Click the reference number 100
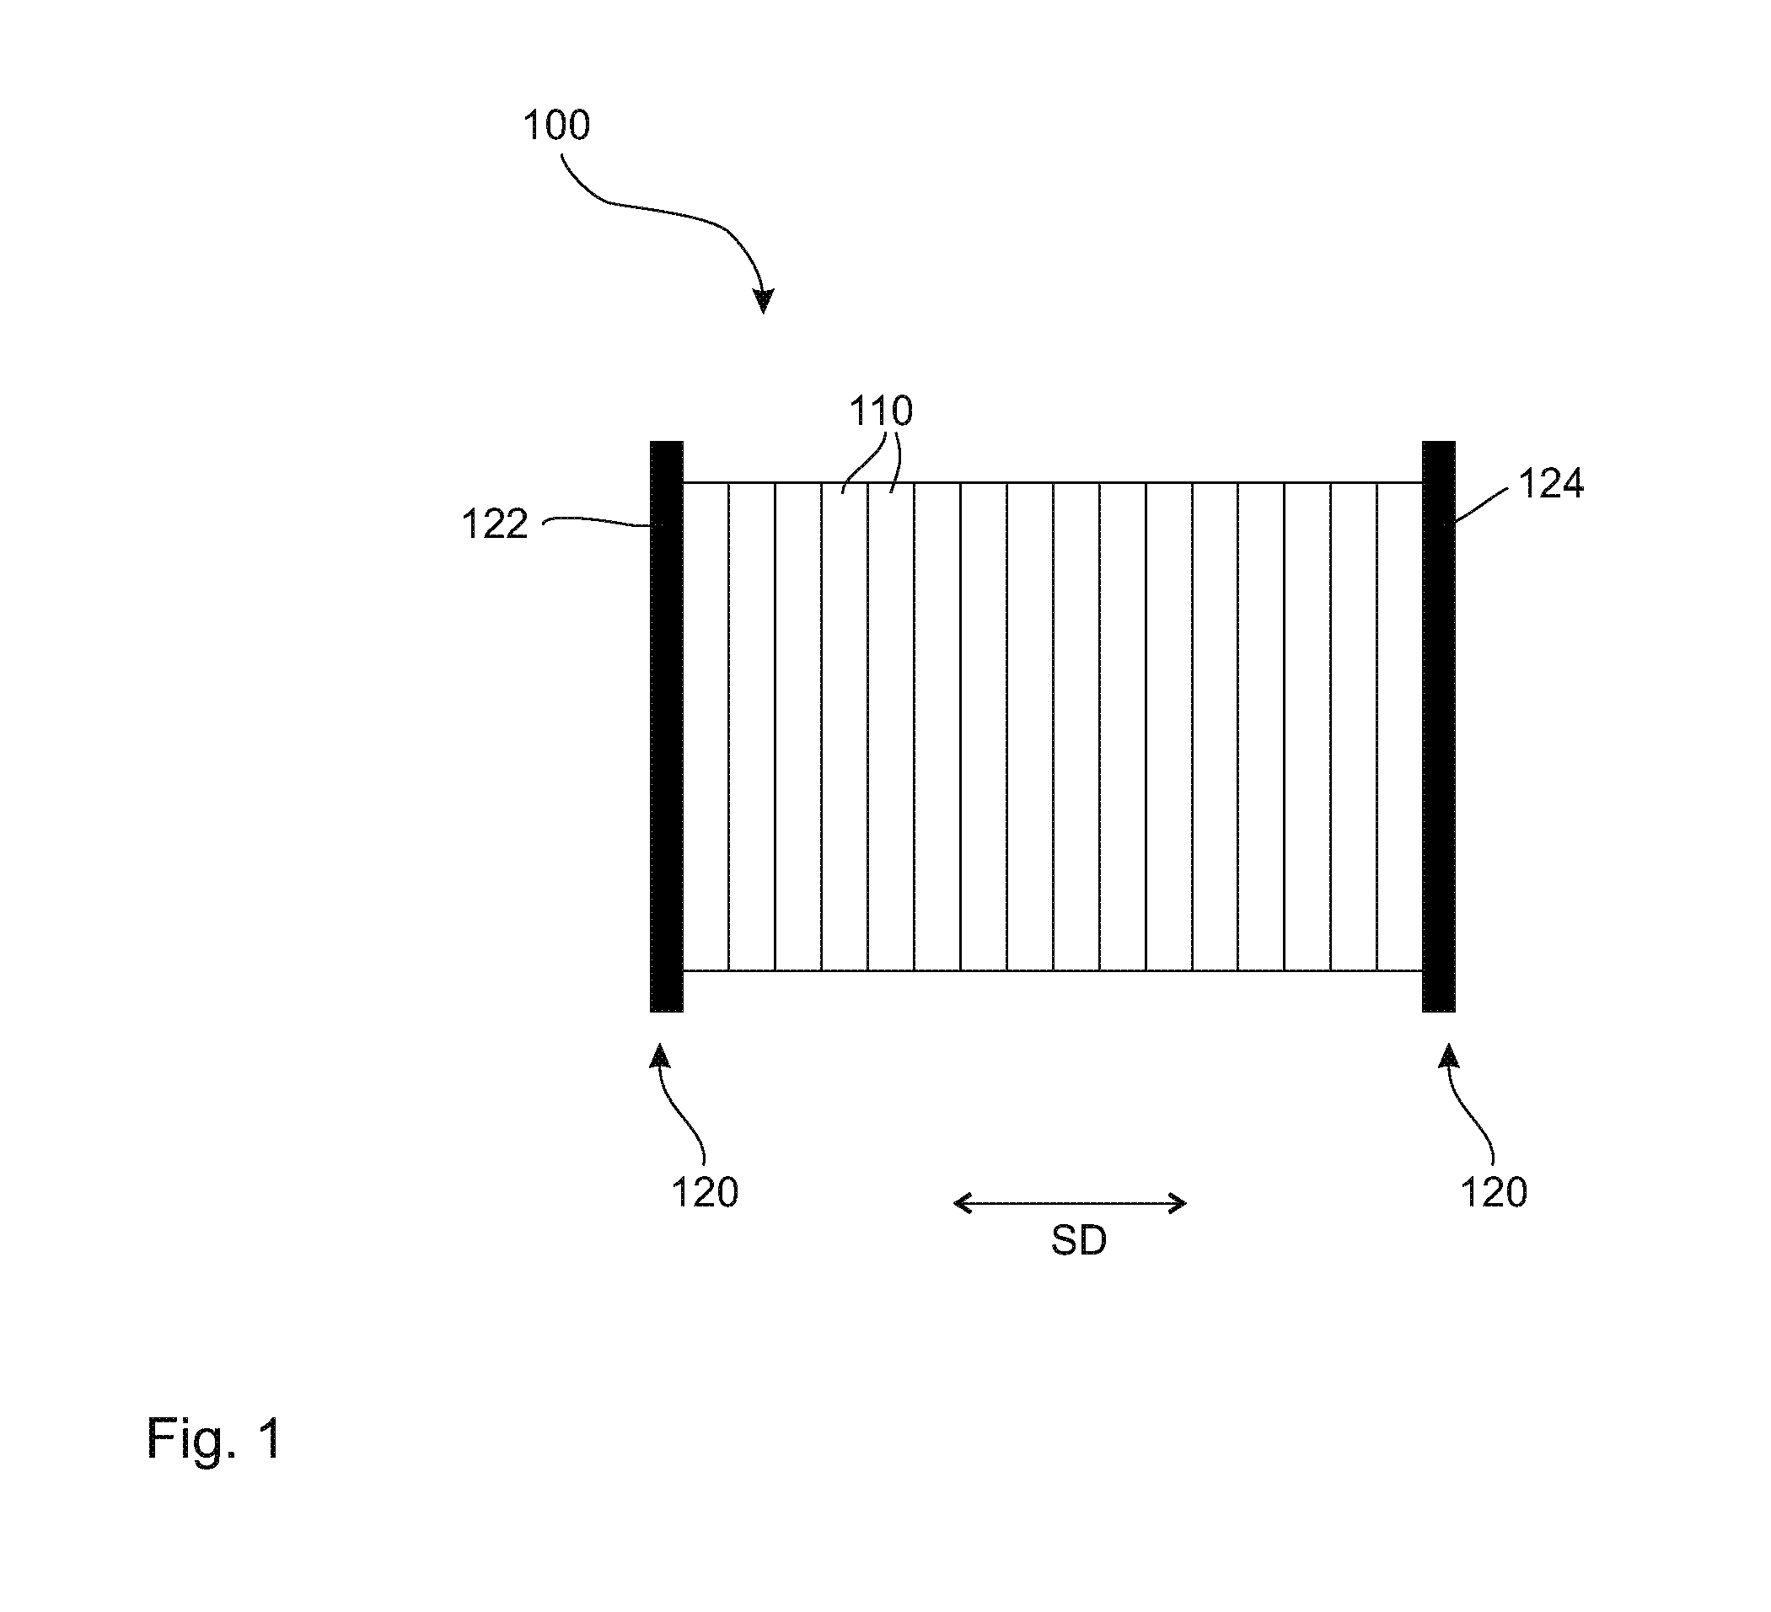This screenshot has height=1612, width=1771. coord(556,126)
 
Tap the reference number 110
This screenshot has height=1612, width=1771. coord(881,411)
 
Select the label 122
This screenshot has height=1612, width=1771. coord(495,524)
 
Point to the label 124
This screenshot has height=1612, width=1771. coord(1551,483)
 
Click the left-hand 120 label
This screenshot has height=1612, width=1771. coord(705,1193)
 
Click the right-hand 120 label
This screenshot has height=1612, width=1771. coord(1494,1193)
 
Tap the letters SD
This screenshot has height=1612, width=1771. coord(1079,1240)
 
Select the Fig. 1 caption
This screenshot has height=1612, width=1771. coord(213,1438)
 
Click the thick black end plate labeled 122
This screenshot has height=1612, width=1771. coord(666,727)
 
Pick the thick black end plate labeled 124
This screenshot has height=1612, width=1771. coord(1438,727)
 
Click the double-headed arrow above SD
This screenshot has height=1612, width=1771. coord(1070,1203)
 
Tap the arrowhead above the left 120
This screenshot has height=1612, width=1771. coord(660,1054)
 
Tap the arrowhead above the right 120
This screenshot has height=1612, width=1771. coord(1447,1054)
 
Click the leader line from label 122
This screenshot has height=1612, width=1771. coord(598,521)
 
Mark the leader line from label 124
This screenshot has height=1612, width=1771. coord(1482,505)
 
